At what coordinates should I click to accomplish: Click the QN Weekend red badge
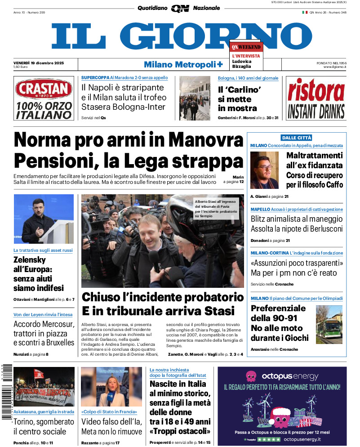[x=246, y=47]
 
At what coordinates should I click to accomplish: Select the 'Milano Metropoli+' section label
[x=183, y=64]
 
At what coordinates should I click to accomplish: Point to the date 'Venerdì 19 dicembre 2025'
[x=39, y=63]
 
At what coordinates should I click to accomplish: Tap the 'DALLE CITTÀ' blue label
[x=296, y=138]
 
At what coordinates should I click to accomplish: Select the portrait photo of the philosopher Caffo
[x=265, y=170]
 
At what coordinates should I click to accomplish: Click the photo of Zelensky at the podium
[x=44, y=219]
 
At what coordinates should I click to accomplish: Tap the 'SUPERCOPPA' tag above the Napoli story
[x=95, y=78]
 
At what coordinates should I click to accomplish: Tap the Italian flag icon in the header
[x=304, y=13]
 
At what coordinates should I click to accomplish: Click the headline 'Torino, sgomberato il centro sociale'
[x=44, y=427]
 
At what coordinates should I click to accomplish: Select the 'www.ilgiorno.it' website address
[x=335, y=67]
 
